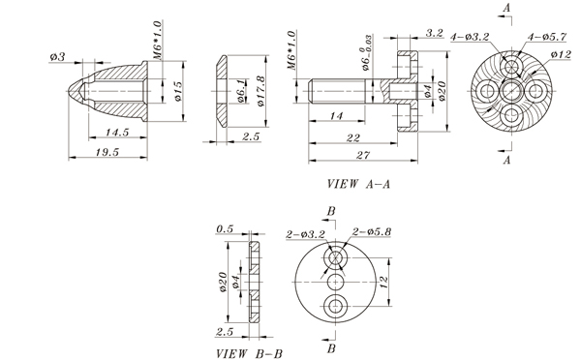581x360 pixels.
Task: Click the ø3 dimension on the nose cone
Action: click(57, 57)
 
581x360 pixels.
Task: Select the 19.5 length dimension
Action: click(107, 152)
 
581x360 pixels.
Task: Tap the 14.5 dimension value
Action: click(117, 133)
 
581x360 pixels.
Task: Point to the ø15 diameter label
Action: click(178, 91)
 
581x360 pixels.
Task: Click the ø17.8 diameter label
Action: click(260, 91)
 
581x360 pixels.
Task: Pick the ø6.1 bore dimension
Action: click(241, 91)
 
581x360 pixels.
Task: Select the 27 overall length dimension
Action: click(363, 155)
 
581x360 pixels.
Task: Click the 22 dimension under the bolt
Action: click(353, 137)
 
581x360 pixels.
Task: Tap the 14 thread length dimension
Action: click(336, 116)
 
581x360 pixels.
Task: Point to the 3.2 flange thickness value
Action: click(434, 33)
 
